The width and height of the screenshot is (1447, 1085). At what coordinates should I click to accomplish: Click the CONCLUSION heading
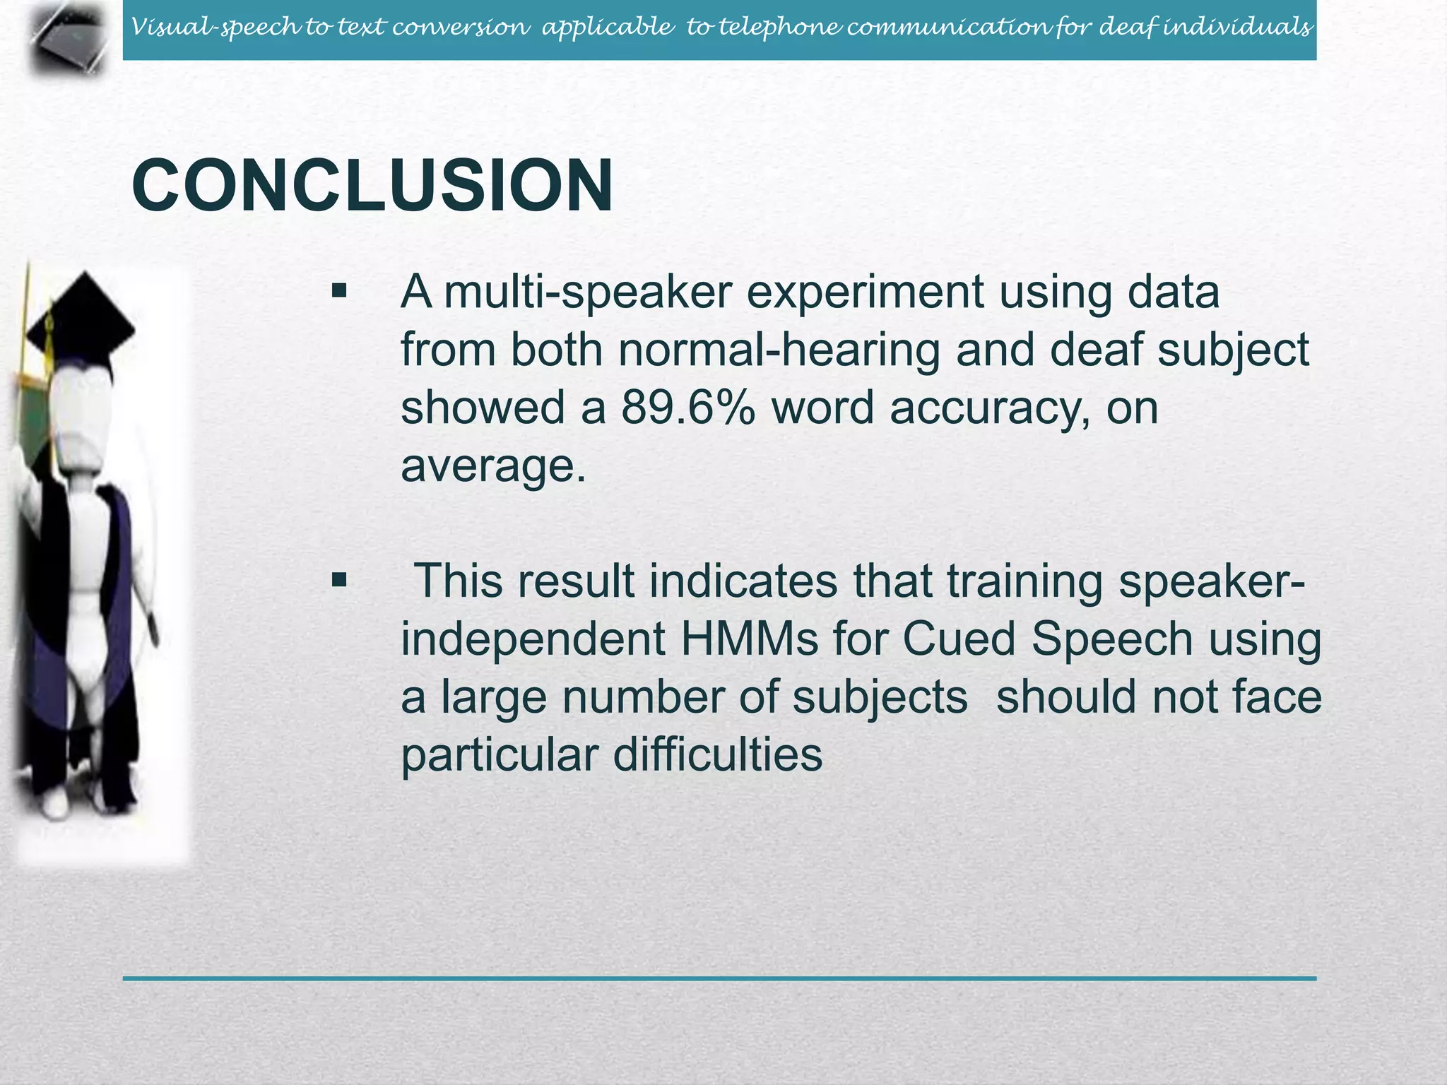pos(372,186)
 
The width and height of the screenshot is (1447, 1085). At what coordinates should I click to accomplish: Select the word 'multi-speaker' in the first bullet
pos(588,292)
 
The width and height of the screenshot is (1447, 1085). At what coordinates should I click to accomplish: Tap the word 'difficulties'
pos(717,755)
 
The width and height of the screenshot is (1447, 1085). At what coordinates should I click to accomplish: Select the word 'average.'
pos(493,466)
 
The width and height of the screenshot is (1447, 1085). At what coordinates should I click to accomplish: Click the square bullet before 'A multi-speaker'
pos(339,291)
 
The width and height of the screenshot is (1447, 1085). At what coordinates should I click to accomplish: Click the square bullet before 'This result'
pos(339,581)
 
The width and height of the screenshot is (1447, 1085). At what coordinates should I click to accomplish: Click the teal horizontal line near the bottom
pos(719,978)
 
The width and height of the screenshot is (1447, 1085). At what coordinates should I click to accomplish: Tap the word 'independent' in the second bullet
pos(533,639)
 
